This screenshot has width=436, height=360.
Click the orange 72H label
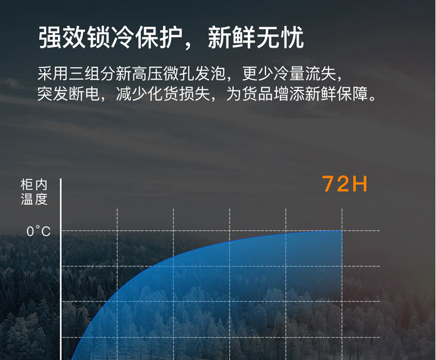pos(344,184)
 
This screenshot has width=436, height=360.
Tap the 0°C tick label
pos(39,231)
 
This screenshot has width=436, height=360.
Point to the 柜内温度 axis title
pos(34,192)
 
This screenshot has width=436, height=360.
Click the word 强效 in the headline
pos(62,38)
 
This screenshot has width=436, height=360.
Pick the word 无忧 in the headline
pos(280,38)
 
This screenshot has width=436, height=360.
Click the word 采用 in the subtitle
pos(53,74)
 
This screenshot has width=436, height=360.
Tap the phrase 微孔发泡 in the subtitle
pos(194,74)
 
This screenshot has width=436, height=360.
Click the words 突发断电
pos(68,94)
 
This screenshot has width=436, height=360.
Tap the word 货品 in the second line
pos(258,94)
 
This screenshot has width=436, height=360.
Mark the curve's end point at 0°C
pos(342,231)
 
